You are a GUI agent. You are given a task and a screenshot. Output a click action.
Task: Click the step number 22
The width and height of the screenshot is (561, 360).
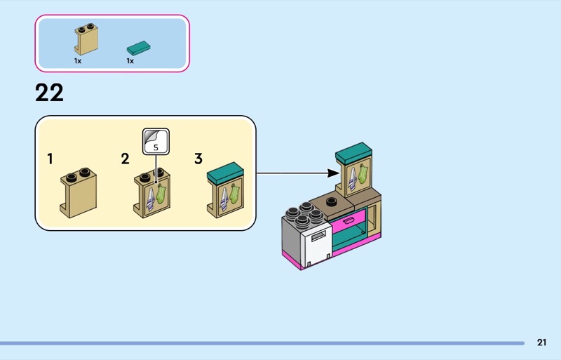(x=49, y=93)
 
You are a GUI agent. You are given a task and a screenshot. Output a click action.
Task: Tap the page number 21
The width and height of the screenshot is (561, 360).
(x=541, y=342)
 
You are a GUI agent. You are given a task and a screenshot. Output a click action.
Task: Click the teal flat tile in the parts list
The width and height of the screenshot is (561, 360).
(x=139, y=48)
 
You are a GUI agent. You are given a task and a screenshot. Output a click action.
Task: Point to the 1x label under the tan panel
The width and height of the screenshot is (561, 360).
(x=78, y=61)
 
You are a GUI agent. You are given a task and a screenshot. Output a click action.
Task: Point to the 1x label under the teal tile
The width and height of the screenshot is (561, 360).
(x=130, y=61)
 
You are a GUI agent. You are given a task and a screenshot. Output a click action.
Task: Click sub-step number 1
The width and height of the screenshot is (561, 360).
(x=50, y=159)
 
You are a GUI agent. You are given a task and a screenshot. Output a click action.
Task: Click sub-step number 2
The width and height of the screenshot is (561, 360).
(x=125, y=159)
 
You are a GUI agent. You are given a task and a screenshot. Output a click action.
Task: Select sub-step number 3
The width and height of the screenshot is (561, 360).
(x=198, y=159)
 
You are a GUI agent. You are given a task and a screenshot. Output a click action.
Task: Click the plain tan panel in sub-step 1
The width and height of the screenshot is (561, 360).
(x=78, y=192)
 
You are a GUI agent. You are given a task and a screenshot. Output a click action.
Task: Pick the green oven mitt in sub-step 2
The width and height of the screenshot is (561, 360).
(x=161, y=193)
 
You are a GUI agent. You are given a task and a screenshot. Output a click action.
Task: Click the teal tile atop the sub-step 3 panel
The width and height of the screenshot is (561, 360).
(x=225, y=170)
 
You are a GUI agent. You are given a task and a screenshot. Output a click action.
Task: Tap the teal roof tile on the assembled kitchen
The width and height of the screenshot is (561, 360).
(x=353, y=150)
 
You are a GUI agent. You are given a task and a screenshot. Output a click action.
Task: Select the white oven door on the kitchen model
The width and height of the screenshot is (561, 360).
(x=317, y=246)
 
